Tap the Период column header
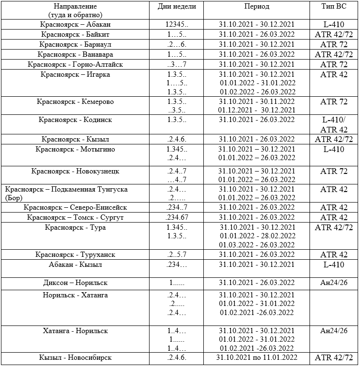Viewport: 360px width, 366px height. click(257, 7)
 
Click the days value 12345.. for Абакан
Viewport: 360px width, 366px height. click(177, 24)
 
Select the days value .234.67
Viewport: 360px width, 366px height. click(178, 217)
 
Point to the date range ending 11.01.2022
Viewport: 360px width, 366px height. click(257, 357)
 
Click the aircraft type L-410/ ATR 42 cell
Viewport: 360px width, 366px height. click(334, 124)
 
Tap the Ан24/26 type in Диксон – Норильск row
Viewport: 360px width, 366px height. click(334, 283)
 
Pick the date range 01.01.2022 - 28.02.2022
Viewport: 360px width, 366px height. click(257, 236)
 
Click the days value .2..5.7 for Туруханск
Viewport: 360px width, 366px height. click(177, 254)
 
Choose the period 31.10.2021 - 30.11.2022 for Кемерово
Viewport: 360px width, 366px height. click(257, 102)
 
